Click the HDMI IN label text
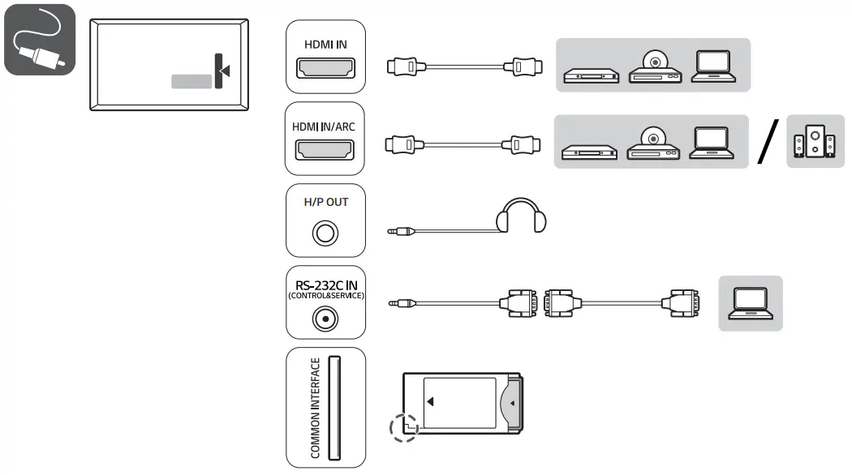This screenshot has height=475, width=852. pos(325,45)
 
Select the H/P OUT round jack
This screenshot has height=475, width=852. pos(325,235)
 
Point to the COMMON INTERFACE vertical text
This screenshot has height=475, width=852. pos(316,408)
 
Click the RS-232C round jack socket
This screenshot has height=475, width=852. pos(325,319)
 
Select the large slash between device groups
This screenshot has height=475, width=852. pos(767,140)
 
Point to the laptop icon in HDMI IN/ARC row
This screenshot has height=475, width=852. pos(712,144)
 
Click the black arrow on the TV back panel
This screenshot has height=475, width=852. pos(225,71)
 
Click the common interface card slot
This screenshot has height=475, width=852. pos(335,408)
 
